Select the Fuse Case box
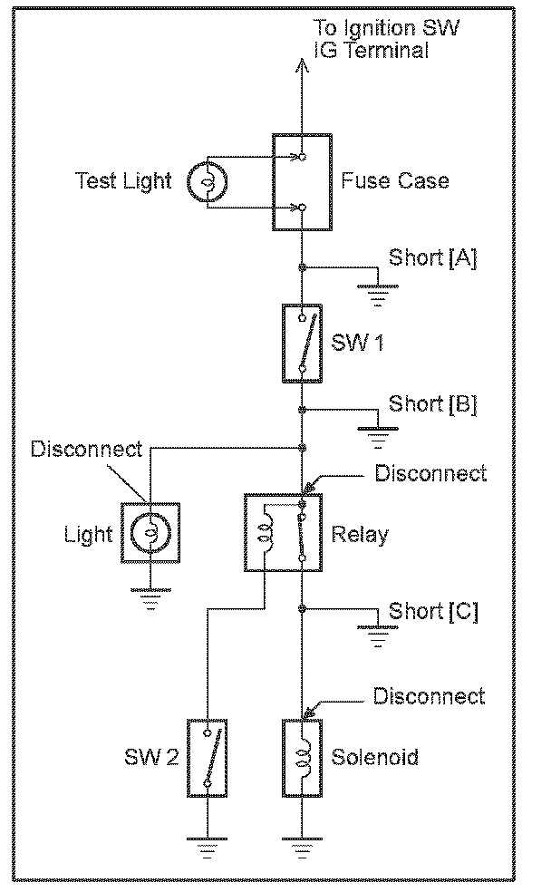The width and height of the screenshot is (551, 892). click(x=300, y=182)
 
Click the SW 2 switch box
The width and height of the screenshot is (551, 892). click(x=208, y=757)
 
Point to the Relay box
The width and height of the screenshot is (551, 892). click(x=282, y=533)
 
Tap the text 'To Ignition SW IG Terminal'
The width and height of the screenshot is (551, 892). click(x=385, y=39)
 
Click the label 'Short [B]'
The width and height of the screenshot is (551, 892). click(x=432, y=402)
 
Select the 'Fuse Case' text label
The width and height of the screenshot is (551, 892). click(x=395, y=180)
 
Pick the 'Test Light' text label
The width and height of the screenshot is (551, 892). click(x=123, y=180)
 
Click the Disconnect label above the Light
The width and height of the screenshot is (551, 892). click(x=86, y=450)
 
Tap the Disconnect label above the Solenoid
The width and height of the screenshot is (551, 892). click(x=430, y=696)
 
